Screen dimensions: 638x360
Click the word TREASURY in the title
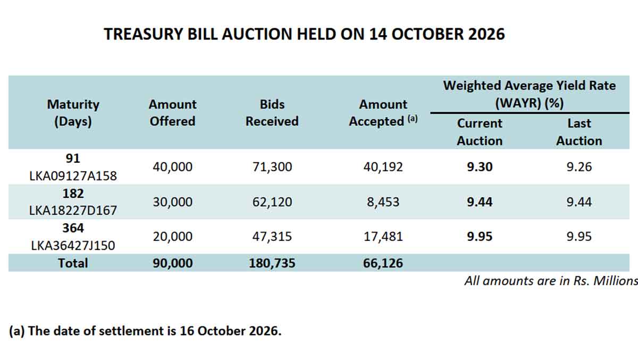point(143,34)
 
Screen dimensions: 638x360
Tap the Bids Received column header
point(272,113)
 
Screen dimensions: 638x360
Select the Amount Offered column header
point(173,113)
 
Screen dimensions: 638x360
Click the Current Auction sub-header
point(480,132)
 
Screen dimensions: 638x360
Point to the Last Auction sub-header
point(579,132)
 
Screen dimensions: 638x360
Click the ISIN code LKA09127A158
point(73,176)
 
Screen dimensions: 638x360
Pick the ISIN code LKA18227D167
point(73,211)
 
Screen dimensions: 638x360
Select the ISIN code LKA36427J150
point(73,246)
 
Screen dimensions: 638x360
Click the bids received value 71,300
point(272,167)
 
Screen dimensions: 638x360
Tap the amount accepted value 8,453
point(383,202)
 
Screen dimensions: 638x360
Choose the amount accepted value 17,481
point(383,237)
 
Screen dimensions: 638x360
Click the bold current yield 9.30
point(480,167)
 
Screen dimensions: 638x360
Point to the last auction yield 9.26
point(579,167)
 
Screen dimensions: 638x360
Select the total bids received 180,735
point(272,263)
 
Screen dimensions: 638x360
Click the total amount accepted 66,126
point(383,263)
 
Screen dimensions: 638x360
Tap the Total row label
point(73,263)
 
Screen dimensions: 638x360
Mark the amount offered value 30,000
point(173,202)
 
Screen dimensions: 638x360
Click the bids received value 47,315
point(272,237)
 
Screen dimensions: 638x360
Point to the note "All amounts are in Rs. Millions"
point(551,281)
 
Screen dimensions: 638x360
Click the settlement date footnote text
point(145,331)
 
